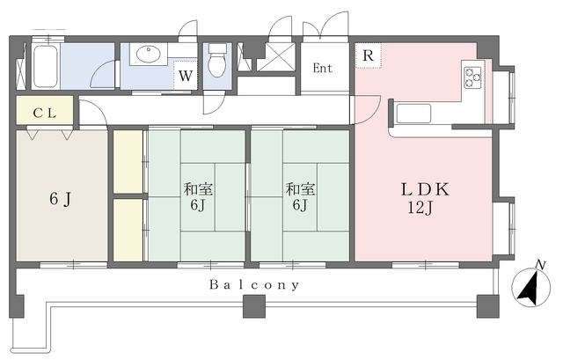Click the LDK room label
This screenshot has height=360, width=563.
pos(425,189)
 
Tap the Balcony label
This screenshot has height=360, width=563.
pos(254,285)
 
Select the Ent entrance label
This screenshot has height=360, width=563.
pos(323,68)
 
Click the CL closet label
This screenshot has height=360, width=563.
pos(45,114)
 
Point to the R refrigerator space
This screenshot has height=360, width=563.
pos(368,55)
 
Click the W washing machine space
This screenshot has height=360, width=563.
pos(186,76)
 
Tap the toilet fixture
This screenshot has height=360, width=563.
pos(217,60)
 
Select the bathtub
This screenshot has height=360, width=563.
pos(45,66)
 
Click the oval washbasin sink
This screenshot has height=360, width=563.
pos(149,55)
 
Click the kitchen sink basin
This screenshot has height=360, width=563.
pos(413,114)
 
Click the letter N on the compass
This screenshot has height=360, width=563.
pos(540,265)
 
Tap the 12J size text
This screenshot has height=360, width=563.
pos(420,208)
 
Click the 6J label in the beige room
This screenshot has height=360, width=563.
pos(61,199)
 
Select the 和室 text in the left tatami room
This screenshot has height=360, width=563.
pos(198,189)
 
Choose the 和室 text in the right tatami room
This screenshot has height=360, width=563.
pos(300,189)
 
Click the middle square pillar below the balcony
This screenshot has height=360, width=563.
pos(254,306)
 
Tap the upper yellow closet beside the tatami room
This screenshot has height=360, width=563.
pos(128,161)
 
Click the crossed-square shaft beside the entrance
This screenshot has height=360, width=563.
pos(276,56)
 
